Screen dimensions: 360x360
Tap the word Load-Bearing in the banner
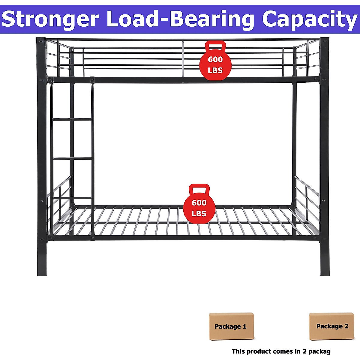coord(180,19)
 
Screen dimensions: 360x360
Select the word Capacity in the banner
coord(309,19)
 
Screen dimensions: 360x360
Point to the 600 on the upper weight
coord(215,59)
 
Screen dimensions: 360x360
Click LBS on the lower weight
coord(199,214)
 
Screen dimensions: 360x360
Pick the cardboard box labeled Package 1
coord(231,326)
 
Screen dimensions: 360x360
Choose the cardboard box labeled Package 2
coord(332,326)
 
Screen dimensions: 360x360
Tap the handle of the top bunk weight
coord(215,46)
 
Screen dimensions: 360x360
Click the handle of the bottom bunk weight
coord(199,189)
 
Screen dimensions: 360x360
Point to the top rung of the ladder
coord(72,119)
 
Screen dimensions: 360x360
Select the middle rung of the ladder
coord(72,158)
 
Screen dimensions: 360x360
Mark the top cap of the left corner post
coord(41,39)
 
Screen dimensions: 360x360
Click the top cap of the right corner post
coord(324,39)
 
